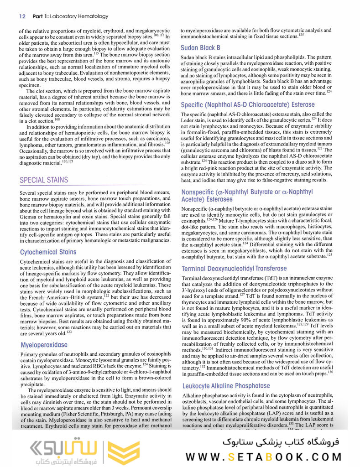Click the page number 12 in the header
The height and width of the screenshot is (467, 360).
pyautogui.click(x=22, y=16)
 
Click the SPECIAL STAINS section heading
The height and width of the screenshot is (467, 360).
pyautogui.click(x=44, y=180)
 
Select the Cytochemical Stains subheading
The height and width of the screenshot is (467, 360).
pyautogui.click(x=48, y=252)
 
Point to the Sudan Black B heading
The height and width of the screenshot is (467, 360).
pyautogui.click(x=200, y=47)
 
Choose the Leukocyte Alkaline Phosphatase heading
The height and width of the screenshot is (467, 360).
pyautogui.click(x=225, y=386)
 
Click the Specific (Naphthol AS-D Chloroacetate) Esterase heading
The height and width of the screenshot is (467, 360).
pyautogui.click(x=248, y=105)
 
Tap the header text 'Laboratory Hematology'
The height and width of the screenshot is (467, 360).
pyautogui.click(x=80, y=16)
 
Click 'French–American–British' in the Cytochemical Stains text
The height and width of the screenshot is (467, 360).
pyautogui.click(x=59, y=297)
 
